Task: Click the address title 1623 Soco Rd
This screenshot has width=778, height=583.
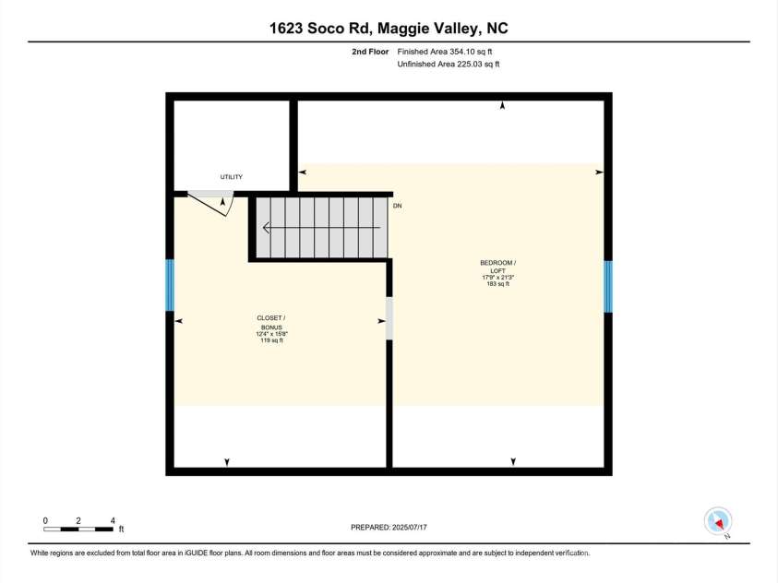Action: [389, 28]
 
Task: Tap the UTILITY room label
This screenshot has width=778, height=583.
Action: [231, 176]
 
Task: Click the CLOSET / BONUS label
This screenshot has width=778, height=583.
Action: [270, 322]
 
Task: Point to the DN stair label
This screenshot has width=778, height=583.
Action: [397, 206]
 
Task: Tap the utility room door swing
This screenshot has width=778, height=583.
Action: [213, 202]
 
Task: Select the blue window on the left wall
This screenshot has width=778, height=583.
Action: [170, 284]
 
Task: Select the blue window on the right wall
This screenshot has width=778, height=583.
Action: [608, 286]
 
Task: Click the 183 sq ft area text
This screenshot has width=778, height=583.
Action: [498, 284]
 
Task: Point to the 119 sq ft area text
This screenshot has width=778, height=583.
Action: [270, 341]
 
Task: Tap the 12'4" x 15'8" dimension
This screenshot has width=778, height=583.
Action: [270, 334]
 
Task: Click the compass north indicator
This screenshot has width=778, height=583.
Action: [717, 521]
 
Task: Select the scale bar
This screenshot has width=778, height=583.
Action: [78, 529]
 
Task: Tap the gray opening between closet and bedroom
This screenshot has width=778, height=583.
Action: [389, 317]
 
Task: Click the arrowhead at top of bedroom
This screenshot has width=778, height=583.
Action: [503, 107]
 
